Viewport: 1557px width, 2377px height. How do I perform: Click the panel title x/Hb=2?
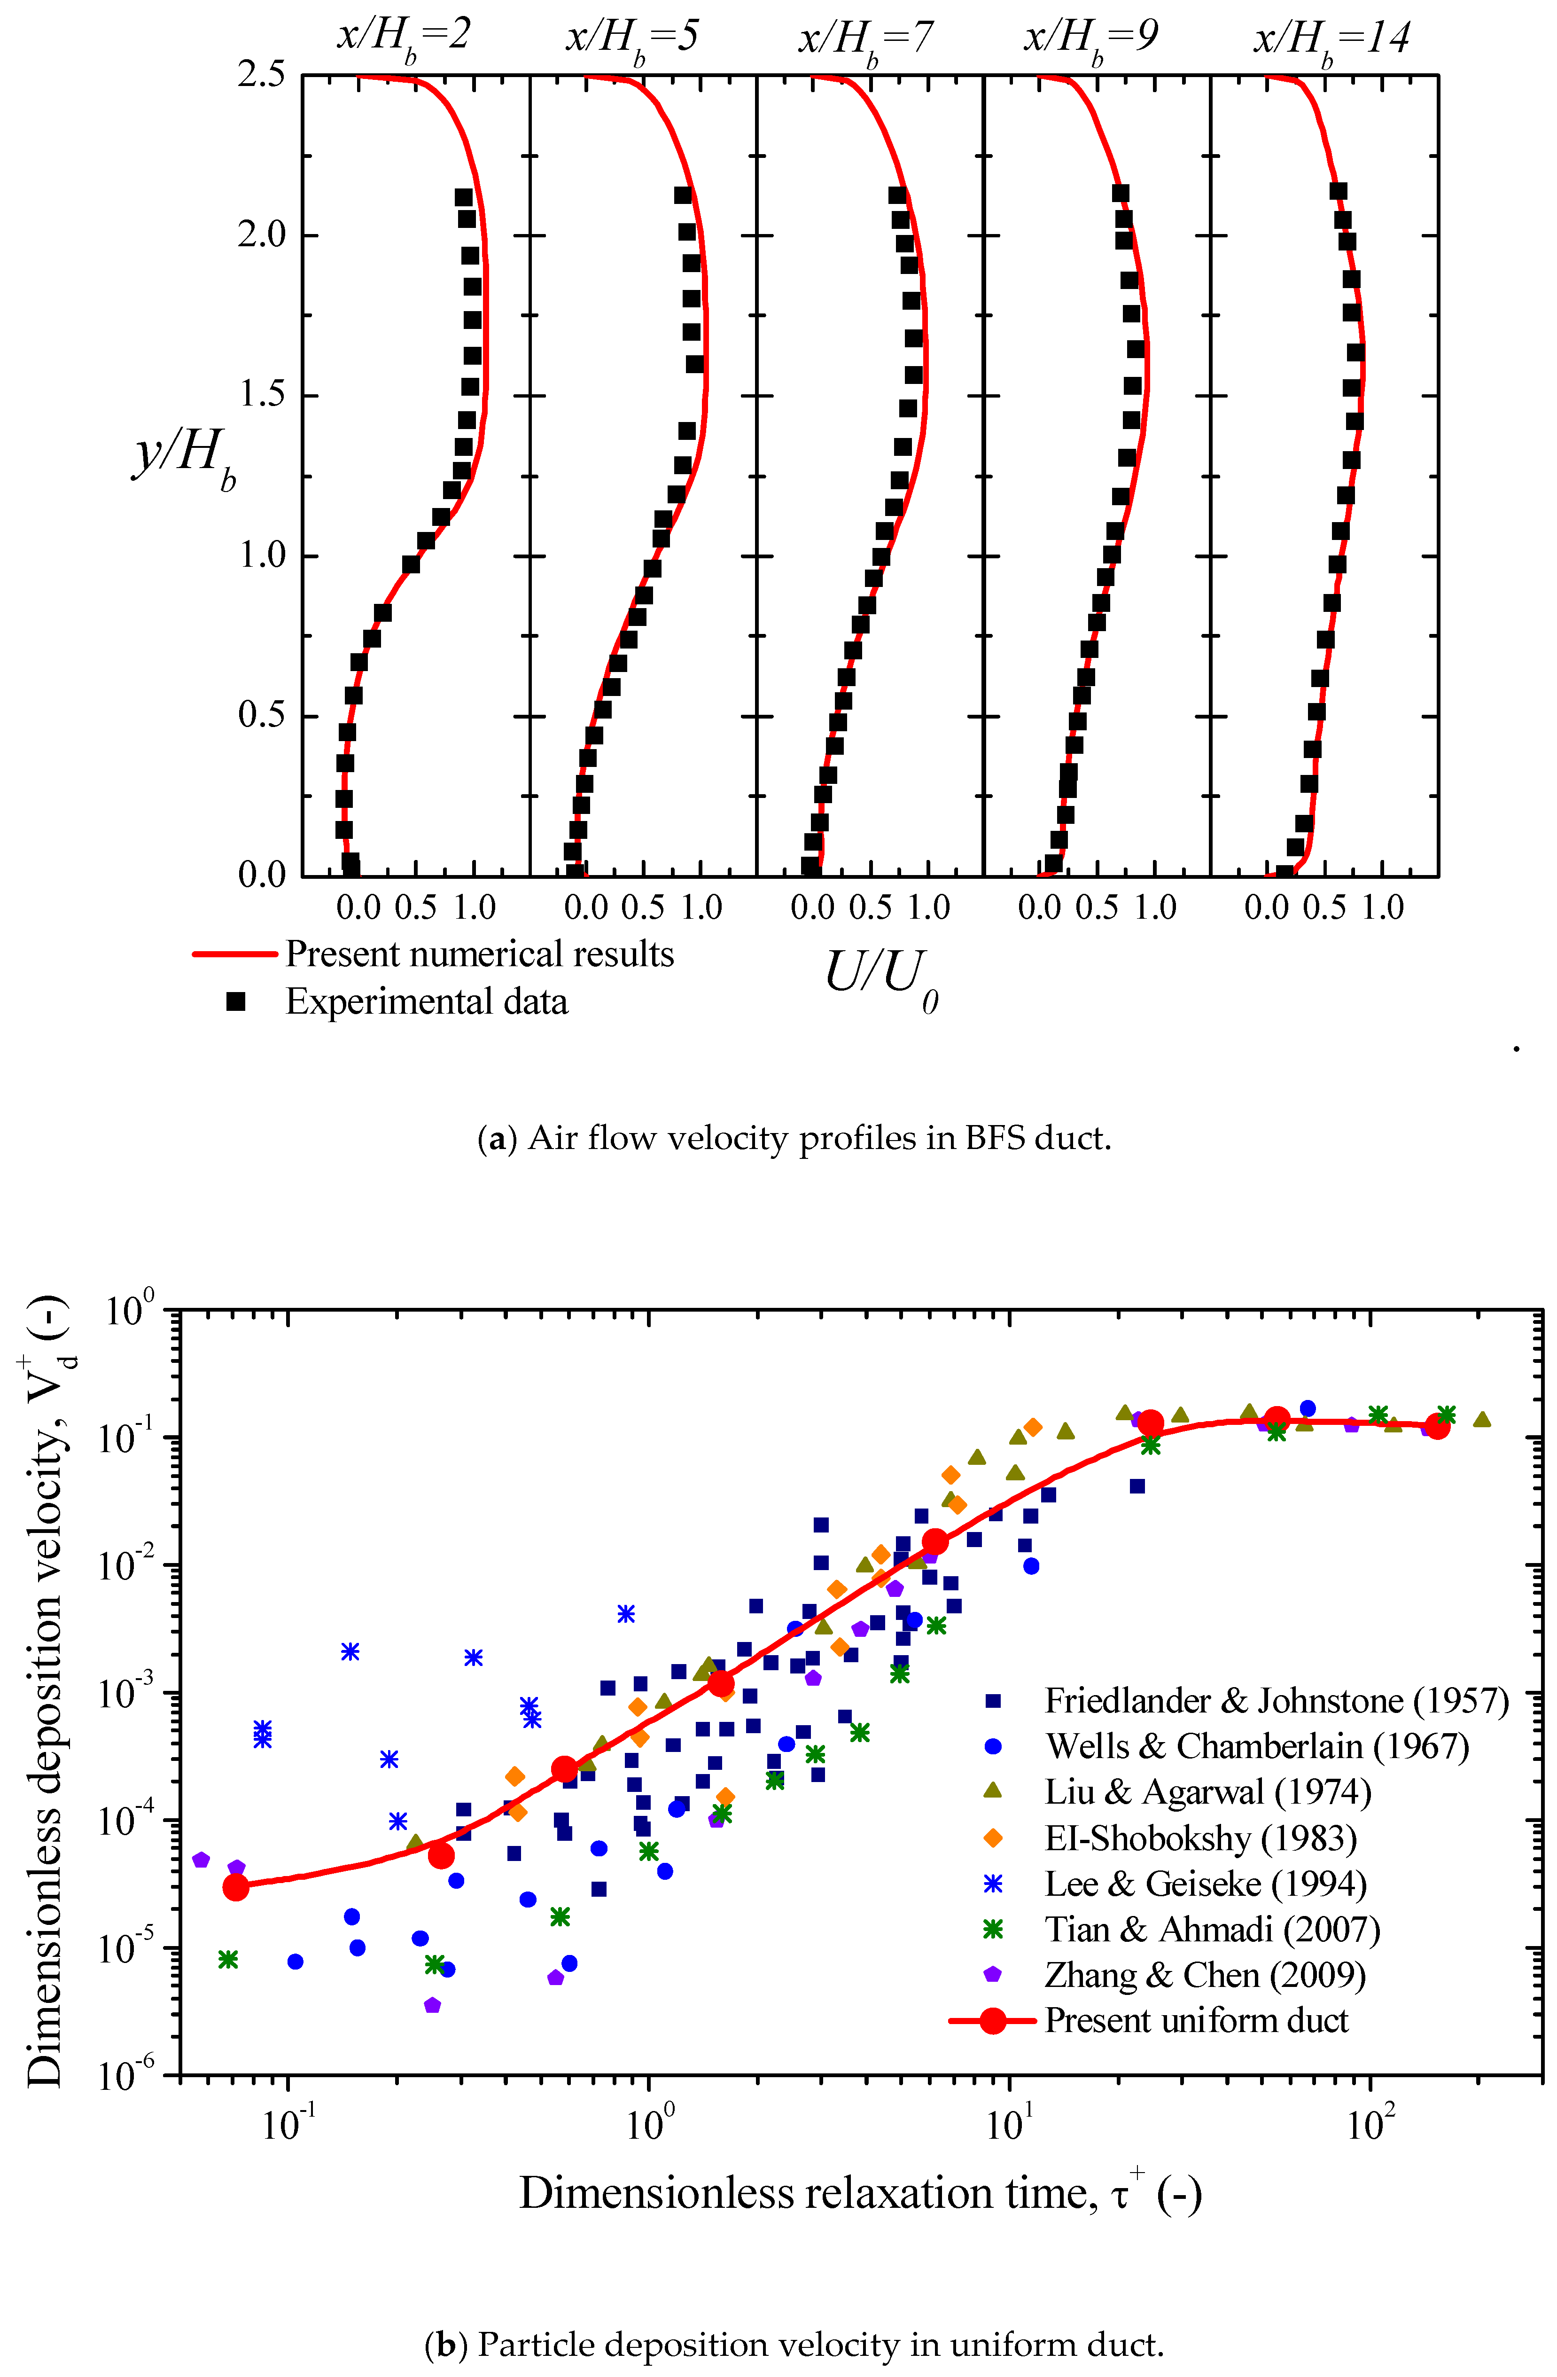(x=403, y=38)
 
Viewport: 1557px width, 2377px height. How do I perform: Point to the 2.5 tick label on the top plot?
(x=262, y=75)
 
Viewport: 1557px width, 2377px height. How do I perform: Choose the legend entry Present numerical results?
(x=479, y=954)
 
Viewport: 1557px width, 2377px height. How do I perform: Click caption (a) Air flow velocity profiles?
(x=794, y=1138)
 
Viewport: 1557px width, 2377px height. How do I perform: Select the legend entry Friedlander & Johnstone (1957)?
(x=1276, y=1700)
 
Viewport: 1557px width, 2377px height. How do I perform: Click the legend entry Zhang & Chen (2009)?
(x=1205, y=1975)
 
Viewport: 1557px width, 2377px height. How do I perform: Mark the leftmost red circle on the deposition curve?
(x=236, y=1887)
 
